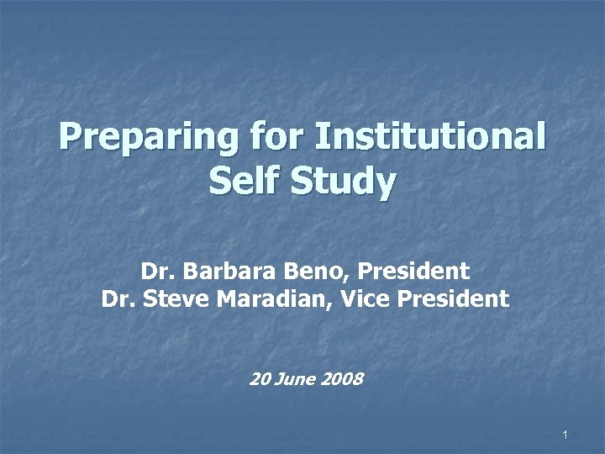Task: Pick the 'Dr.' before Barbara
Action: (155, 272)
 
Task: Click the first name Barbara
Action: (219, 272)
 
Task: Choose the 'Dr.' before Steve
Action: (117, 298)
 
